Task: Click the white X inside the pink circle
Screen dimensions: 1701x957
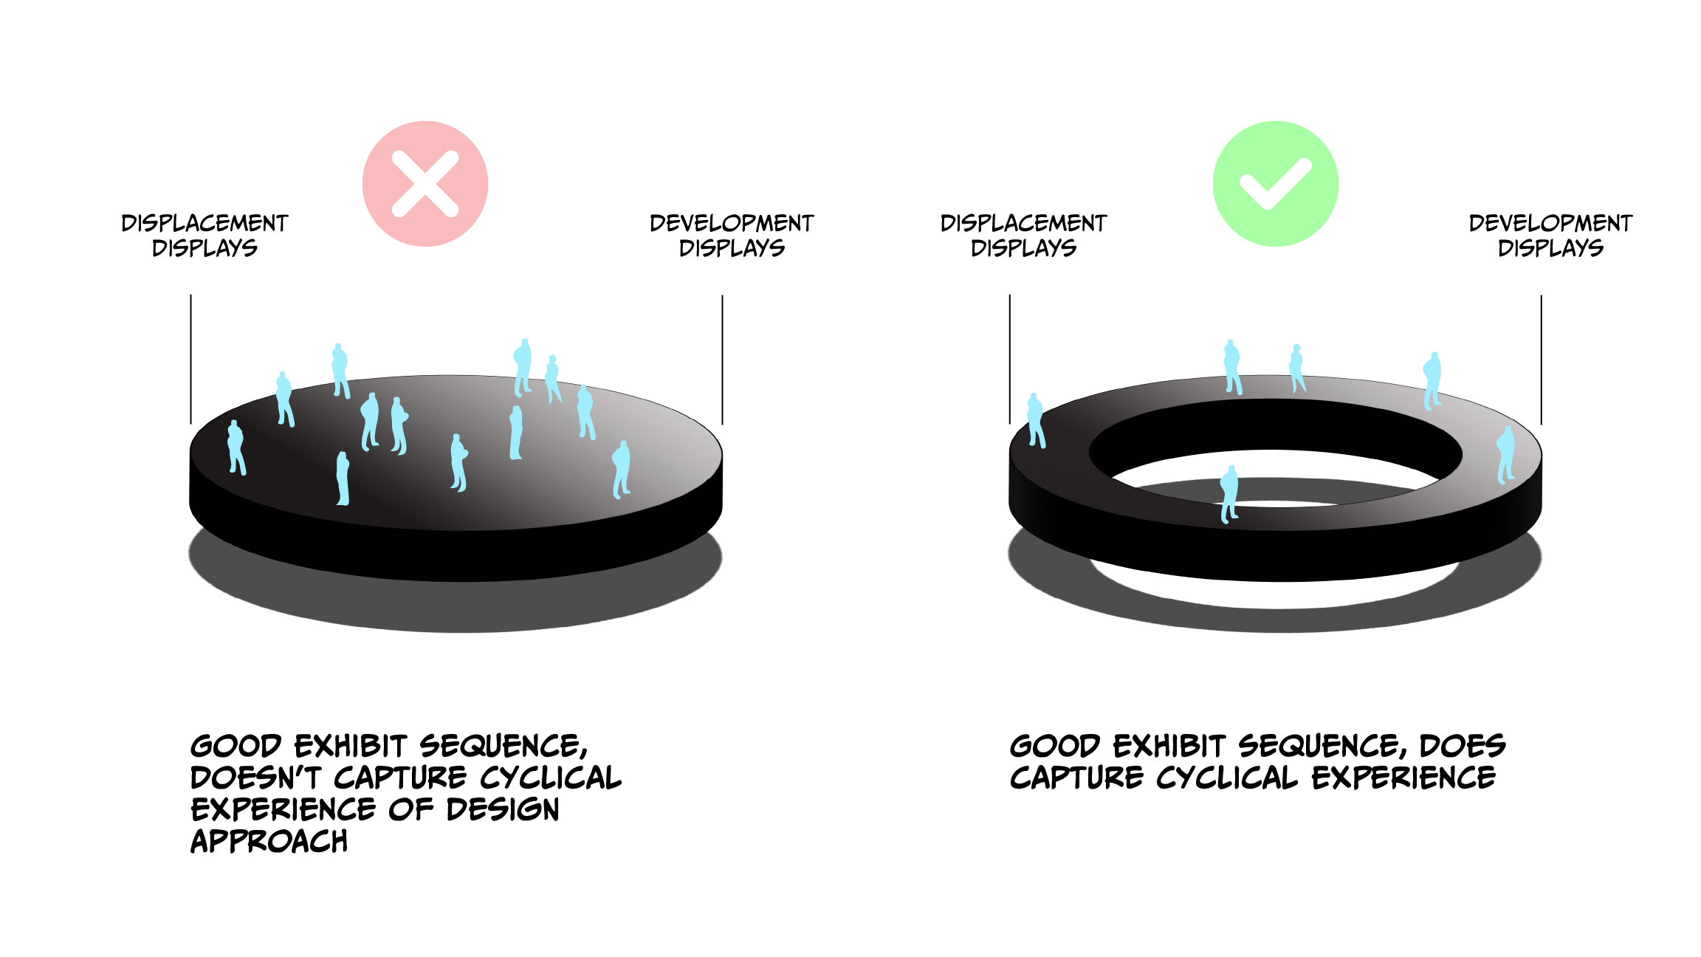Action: click(425, 184)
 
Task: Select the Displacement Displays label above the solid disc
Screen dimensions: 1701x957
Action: click(205, 236)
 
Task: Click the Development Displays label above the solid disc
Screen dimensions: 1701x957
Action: click(731, 236)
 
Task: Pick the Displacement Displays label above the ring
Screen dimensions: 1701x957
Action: click(1023, 236)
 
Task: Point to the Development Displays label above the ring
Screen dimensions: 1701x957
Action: click(1550, 236)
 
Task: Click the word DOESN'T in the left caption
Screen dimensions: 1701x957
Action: click(255, 778)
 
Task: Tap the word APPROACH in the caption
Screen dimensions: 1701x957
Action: click(269, 842)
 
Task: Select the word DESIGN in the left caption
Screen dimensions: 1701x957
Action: click(503, 810)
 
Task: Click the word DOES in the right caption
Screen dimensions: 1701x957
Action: click(1463, 746)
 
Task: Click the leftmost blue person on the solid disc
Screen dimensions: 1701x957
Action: click(236, 447)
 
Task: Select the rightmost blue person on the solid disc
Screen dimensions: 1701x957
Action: click(622, 470)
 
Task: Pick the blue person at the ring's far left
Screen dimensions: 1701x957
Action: click(1036, 421)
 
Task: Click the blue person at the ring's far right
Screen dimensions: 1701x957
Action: click(1505, 455)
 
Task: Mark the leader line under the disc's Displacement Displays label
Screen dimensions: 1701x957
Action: click(190, 360)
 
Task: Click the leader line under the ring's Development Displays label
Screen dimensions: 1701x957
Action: click(1541, 360)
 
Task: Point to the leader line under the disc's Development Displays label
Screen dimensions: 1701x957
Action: click(722, 360)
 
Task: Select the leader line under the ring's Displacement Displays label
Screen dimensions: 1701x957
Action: click(1009, 360)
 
